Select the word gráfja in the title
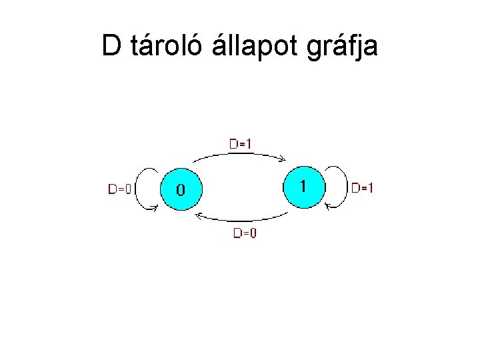click(x=344, y=47)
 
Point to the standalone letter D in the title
click(x=112, y=45)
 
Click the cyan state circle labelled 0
click(x=181, y=189)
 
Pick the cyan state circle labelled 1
click(x=304, y=185)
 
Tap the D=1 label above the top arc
click(x=241, y=143)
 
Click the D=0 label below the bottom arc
click(x=245, y=233)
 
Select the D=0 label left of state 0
click(x=120, y=189)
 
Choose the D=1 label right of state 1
click(x=363, y=188)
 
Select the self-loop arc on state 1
click(x=344, y=187)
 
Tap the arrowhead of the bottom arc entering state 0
click(x=198, y=215)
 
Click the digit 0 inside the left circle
click(x=181, y=190)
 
